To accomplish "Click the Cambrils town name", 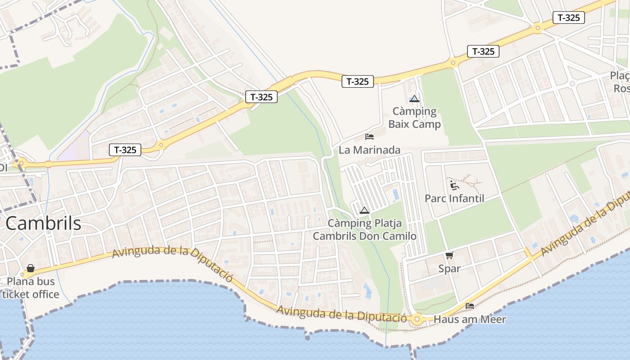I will click(x=44, y=224).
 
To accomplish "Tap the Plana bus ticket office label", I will click(x=31, y=288).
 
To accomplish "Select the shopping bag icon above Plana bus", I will click(x=31, y=269).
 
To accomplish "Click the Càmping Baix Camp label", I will click(x=414, y=117).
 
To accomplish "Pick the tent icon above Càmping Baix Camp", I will click(x=414, y=99).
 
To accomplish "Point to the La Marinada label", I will click(x=369, y=150).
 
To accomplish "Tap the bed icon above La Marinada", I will click(x=369, y=136).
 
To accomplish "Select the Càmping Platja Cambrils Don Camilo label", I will click(x=364, y=229).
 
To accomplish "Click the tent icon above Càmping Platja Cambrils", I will click(x=364, y=210).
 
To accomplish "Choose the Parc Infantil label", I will click(x=454, y=198).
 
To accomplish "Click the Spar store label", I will click(x=450, y=269).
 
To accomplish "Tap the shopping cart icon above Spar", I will click(x=449, y=256).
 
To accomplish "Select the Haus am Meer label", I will click(x=470, y=319).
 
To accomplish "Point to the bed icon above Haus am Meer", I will click(x=470, y=306).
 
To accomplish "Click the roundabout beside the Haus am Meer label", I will click(x=417, y=320).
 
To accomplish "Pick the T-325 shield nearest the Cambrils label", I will click(x=125, y=150).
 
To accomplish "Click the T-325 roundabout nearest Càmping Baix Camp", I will click(x=453, y=63).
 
